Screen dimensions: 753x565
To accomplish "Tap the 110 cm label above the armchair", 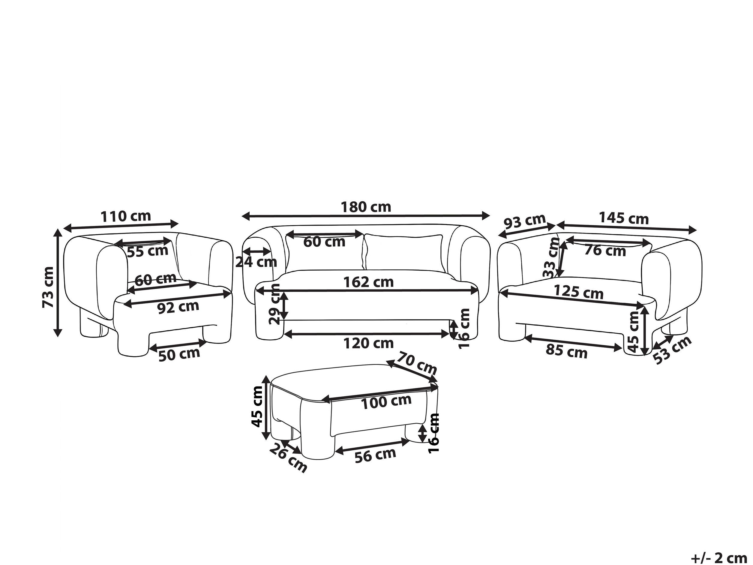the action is [x=126, y=216].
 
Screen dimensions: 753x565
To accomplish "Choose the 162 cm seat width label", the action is [x=368, y=282].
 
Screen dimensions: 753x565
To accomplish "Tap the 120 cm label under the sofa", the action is [x=368, y=343].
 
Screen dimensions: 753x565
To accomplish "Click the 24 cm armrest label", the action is [x=256, y=262].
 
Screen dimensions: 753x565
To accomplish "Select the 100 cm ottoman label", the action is [x=386, y=402].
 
